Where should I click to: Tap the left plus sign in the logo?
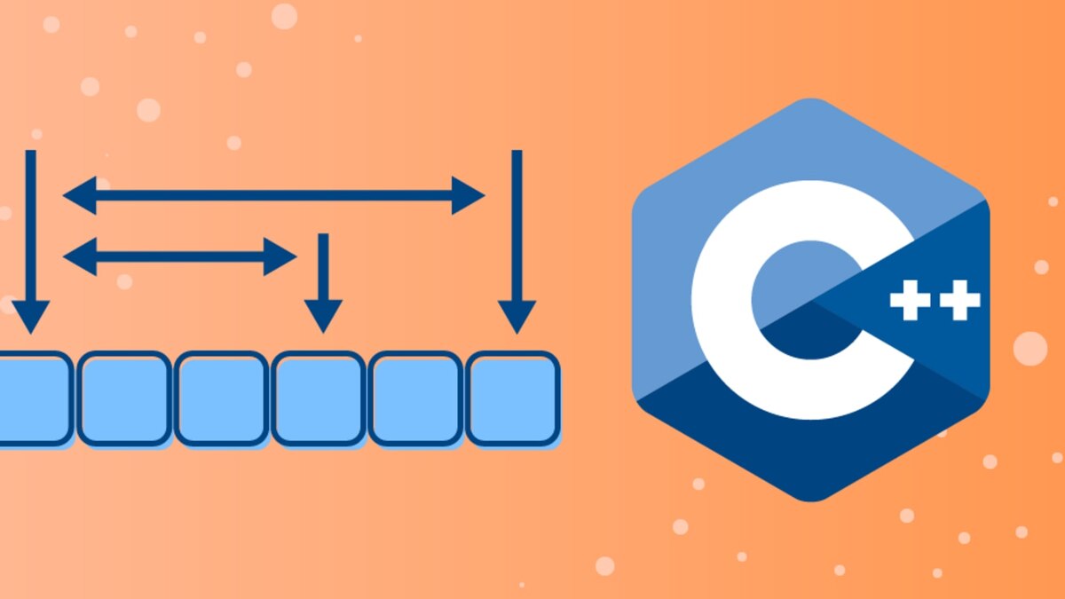tap(909, 302)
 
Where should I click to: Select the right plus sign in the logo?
tap(961, 302)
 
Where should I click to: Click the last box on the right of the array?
tap(513, 398)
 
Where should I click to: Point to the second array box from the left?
tap(124, 398)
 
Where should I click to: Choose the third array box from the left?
tap(221, 398)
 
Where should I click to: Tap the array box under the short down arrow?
tap(319, 398)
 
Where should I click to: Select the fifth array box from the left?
tap(415, 398)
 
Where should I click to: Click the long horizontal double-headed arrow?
tap(274, 195)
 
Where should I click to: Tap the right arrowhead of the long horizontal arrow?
tap(468, 195)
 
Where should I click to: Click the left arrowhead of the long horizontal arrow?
tap(80, 195)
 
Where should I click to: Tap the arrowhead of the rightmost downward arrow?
tap(517, 316)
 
